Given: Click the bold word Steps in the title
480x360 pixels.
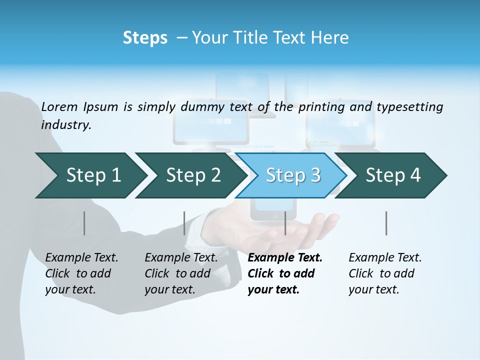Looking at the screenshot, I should click(x=145, y=38).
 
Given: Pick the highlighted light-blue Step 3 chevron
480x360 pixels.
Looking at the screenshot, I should click(x=292, y=175).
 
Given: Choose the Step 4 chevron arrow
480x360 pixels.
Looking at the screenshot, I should click(x=392, y=175).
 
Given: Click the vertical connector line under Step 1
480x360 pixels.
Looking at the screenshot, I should click(x=84, y=223).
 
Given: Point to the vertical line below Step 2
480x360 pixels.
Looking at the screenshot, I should click(x=184, y=223).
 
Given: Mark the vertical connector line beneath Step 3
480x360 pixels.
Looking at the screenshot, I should click(x=285, y=223).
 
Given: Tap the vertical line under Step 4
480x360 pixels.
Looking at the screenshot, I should click(x=386, y=223).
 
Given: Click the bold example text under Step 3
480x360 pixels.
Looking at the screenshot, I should click(x=284, y=273).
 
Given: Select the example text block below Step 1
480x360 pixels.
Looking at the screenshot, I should click(x=81, y=273).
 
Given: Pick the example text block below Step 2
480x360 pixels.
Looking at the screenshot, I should click(x=180, y=273).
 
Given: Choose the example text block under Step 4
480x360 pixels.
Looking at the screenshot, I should click(x=384, y=273).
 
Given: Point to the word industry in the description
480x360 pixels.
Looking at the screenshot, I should click(x=65, y=125).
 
